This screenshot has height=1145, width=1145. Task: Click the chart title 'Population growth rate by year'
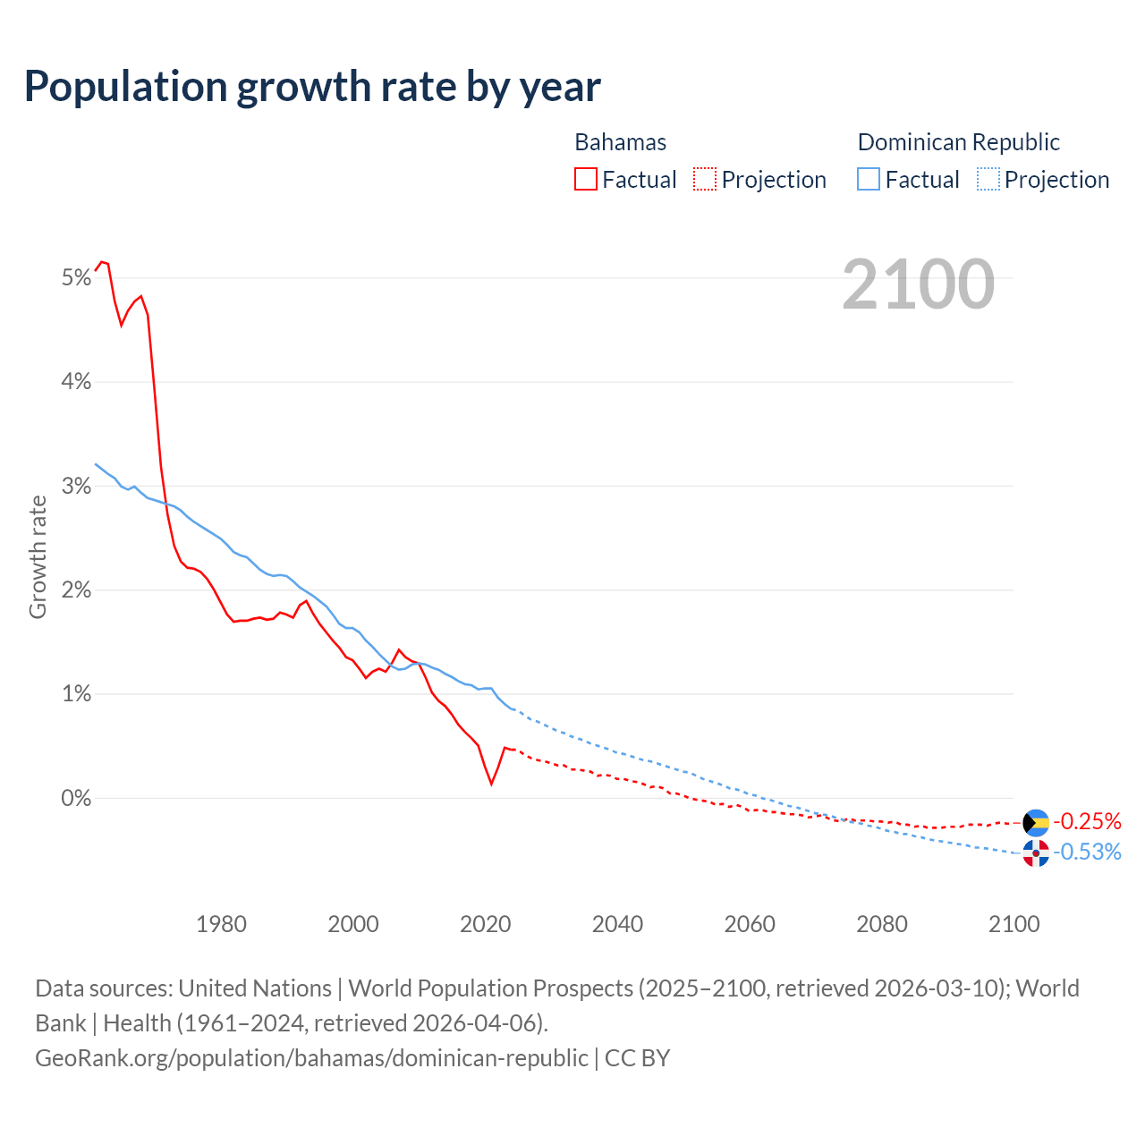(x=312, y=87)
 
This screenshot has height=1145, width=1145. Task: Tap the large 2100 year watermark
(x=918, y=284)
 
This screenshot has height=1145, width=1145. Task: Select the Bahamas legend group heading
(x=620, y=142)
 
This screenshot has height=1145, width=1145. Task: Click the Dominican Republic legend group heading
(x=958, y=142)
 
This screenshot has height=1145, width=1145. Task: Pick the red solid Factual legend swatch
(x=586, y=180)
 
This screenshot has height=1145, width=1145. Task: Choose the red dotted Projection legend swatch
(x=705, y=180)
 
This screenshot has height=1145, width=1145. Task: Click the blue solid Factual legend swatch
(x=869, y=180)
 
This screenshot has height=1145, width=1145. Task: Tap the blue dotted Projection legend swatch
(x=988, y=180)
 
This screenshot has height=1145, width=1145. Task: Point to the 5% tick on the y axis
(x=77, y=278)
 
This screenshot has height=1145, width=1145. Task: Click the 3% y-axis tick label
(x=77, y=487)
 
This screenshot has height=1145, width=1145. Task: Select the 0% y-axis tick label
(x=77, y=798)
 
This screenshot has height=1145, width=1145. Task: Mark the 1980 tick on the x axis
(x=221, y=924)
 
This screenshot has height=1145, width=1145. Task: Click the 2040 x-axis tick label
(x=617, y=924)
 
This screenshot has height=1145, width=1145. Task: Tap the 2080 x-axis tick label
(x=881, y=924)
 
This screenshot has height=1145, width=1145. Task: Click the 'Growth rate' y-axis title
(x=38, y=556)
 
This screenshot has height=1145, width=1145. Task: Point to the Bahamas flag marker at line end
(x=1036, y=822)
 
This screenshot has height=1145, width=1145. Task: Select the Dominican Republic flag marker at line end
(x=1036, y=853)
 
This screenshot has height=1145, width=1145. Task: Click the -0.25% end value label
(x=1087, y=821)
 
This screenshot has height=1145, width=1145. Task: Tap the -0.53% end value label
(x=1087, y=852)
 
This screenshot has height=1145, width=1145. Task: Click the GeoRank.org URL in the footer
(x=311, y=1057)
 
